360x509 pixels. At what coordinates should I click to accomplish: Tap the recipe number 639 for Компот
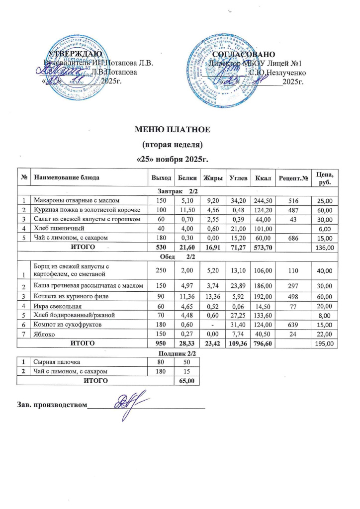pyautogui.click(x=291, y=324)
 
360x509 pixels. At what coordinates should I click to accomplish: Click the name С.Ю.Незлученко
pyautogui.click(x=274, y=73)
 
